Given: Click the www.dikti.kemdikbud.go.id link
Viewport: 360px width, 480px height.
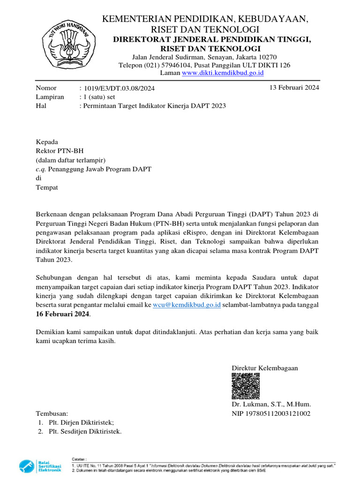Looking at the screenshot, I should pyautogui.click(x=223, y=73).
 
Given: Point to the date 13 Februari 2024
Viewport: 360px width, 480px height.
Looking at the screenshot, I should pyautogui.click(x=294, y=88).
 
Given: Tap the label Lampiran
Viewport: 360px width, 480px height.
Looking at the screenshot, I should pyautogui.click(x=50, y=97).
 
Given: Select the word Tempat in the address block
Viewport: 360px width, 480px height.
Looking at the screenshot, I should pyautogui.click(x=47, y=187).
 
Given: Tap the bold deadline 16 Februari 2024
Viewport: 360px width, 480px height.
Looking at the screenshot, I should pyautogui.click(x=63, y=314).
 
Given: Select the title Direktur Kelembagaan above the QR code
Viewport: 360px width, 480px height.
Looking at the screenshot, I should pyautogui.click(x=265, y=368).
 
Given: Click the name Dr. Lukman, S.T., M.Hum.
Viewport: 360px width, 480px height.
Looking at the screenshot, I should pyautogui.click(x=271, y=404).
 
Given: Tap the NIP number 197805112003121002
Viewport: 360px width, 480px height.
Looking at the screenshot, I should pyautogui.click(x=271, y=413).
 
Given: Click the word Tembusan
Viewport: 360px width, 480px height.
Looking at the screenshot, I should pyautogui.click(x=52, y=414).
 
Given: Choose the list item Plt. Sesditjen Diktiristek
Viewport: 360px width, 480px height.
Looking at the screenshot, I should pyautogui.click(x=85, y=432).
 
